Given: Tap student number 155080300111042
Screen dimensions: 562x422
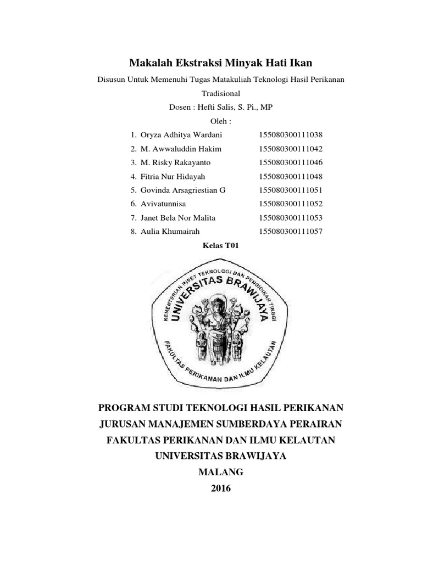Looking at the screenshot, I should click(290, 149).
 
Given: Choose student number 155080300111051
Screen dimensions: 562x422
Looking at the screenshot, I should click(290, 190).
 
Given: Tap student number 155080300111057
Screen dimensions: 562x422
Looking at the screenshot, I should click(290, 232).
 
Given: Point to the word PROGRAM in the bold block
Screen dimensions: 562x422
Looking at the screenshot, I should click(124, 408).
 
